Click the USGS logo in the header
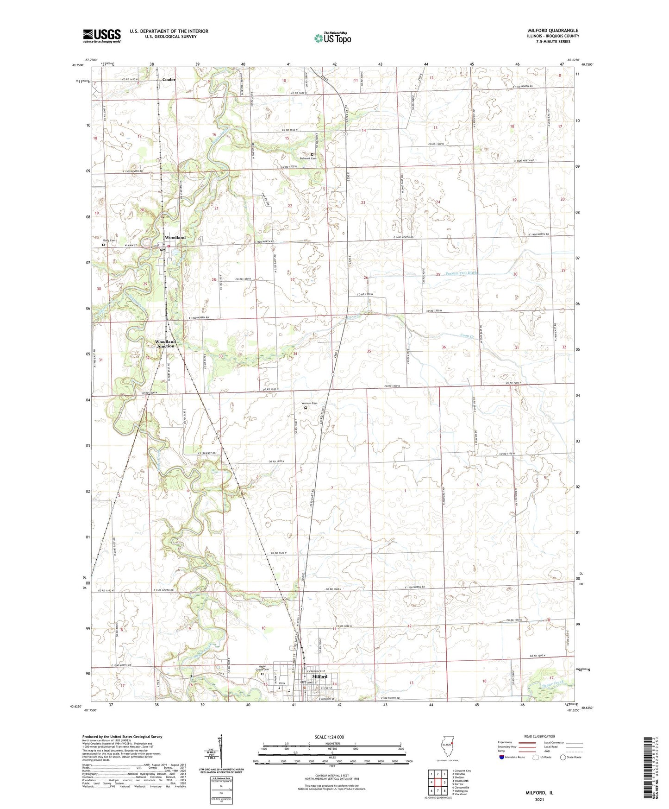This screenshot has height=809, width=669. pos(101,36)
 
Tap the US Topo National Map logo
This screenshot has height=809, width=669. pos(332,38)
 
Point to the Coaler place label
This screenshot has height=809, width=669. pos(169,80)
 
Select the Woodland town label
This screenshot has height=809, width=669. pos(175,237)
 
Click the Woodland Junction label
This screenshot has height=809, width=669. pos(165,344)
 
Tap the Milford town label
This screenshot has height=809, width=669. pos(319,676)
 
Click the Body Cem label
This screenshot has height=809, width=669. pos(109,240)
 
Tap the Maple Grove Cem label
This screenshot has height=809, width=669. pos(262,669)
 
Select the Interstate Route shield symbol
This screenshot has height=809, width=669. pos(502,758)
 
